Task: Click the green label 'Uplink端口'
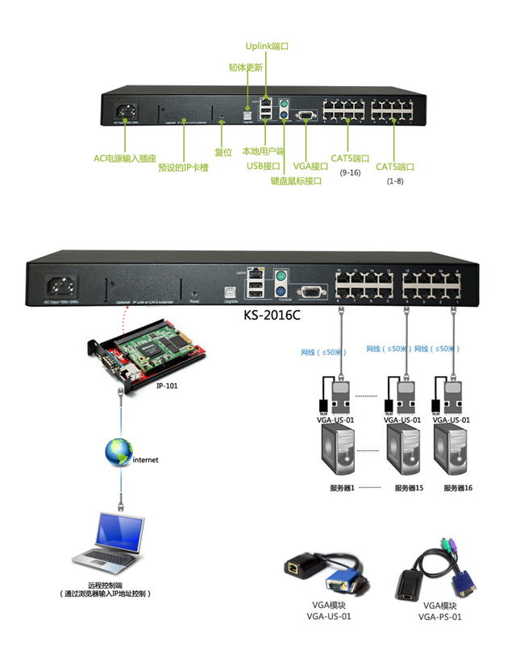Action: point(267,47)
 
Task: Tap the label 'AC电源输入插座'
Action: point(124,159)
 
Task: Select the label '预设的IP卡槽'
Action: point(183,168)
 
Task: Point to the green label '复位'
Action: point(223,151)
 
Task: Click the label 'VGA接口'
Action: point(310,166)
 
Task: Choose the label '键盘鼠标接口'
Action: point(296,181)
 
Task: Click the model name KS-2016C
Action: point(272,314)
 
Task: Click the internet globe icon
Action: point(118,452)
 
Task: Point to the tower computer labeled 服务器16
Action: point(452,450)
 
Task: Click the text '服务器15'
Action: point(409,488)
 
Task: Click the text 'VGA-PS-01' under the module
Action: point(439,617)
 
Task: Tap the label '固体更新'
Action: point(246,67)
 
